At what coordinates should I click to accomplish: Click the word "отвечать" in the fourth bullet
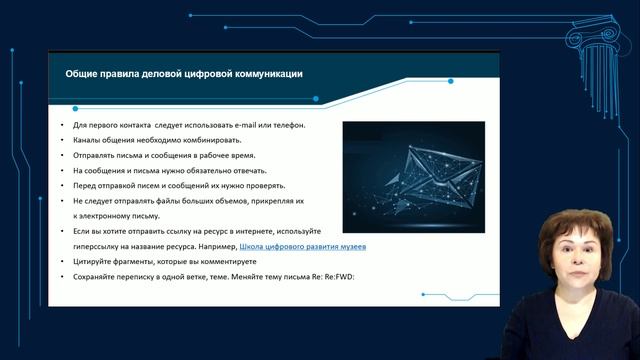click(x=245, y=171)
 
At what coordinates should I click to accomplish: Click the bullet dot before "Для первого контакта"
click(x=62, y=126)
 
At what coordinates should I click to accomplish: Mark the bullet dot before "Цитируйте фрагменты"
click(x=62, y=261)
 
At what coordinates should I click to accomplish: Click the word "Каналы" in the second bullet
click(x=89, y=141)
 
